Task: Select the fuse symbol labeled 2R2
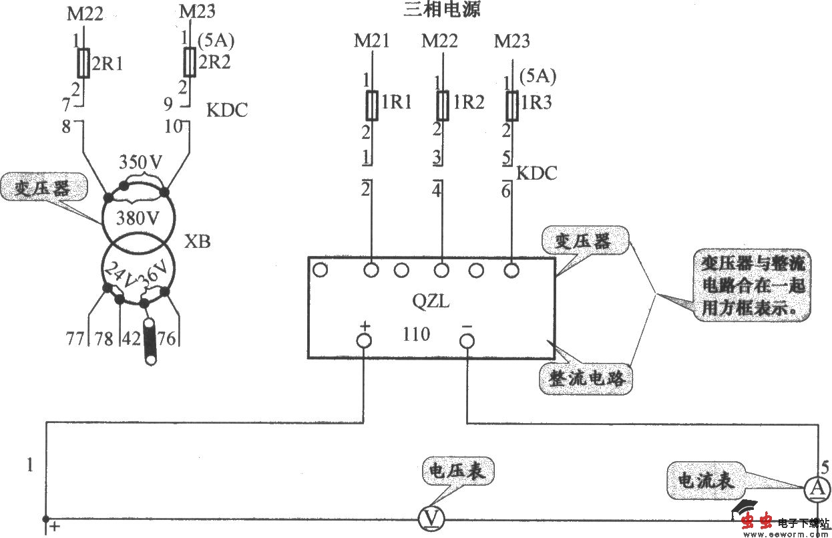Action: [x=189, y=63]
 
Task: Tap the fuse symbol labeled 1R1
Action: [x=372, y=105]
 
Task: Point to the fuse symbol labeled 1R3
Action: [x=512, y=105]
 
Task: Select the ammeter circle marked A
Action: [x=815, y=490]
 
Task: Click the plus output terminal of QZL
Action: [x=364, y=341]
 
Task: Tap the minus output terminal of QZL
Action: [x=467, y=341]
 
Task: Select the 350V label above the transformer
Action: [x=140, y=162]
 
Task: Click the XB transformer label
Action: [x=197, y=242]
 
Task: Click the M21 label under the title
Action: [x=371, y=41]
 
